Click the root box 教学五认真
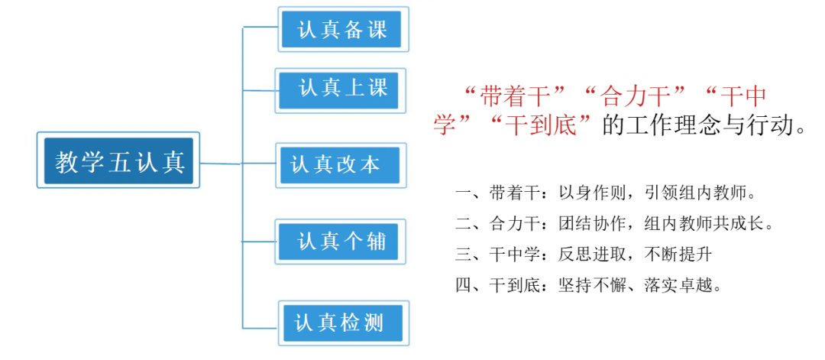tap(118, 160)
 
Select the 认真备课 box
tap(343, 29)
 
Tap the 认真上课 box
tap(341, 90)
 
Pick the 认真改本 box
tap(341, 165)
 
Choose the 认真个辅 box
tap(341, 241)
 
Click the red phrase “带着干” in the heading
tap(516, 99)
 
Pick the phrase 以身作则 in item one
tap(590, 194)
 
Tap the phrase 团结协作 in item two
tap(590, 225)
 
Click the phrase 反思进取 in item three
tap(590, 255)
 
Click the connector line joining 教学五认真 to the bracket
tap(221, 164)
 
